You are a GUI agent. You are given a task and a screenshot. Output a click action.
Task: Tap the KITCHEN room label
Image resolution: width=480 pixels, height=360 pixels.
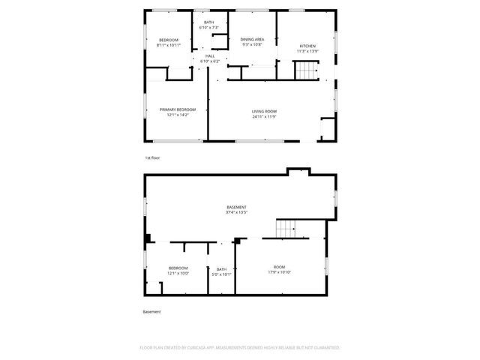[x=307, y=46]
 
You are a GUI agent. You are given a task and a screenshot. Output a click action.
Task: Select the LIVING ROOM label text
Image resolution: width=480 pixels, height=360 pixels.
[x=264, y=111]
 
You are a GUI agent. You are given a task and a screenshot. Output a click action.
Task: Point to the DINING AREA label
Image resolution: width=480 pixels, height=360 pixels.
[x=252, y=39]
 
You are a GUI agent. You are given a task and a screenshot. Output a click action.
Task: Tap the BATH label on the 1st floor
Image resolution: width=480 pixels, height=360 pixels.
[x=208, y=22]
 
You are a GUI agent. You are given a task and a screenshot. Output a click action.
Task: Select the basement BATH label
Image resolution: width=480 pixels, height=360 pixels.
[x=222, y=269]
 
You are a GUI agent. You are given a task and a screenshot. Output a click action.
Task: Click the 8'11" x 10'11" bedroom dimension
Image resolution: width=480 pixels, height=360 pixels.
[x=169, y=45]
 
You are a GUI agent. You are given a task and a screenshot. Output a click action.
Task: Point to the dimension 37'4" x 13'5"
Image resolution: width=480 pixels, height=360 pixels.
[x=237, y=212]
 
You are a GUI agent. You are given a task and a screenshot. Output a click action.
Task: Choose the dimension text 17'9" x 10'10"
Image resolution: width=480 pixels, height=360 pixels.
[x=279, y=272]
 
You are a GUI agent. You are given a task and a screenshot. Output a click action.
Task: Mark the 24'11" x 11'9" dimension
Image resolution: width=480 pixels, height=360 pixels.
[x=264, y=116]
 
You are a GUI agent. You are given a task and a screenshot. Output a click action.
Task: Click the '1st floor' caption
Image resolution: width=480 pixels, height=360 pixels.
[x=152, y=158]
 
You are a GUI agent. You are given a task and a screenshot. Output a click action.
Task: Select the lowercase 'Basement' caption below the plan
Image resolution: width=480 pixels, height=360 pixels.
[x=152, y=311]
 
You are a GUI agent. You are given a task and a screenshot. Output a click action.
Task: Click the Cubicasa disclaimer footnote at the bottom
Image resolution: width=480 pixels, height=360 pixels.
[x=240, y=348]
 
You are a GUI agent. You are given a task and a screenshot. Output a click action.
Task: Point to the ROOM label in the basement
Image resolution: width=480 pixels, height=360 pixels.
[x=279, y=267]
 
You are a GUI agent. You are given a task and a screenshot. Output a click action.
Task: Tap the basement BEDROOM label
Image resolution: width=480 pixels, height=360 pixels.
[x=178, y=268]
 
